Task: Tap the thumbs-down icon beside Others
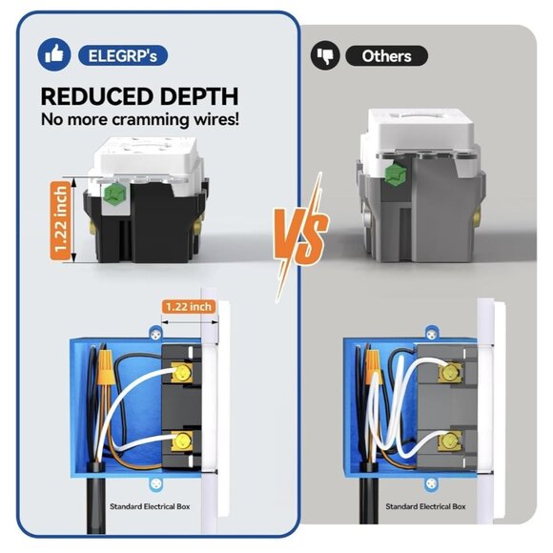(x=325, y=55)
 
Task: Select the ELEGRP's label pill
(x=124, y=54)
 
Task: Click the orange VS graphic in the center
(x=302, y=230)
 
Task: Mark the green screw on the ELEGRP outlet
(x=117, y=198)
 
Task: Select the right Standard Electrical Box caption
(x=421, y=507)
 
